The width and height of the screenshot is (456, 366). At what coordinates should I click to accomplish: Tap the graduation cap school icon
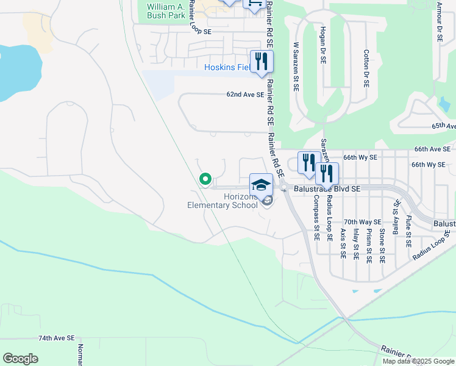[x=261, y=184]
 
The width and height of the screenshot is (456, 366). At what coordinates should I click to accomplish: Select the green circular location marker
[x=205, y=179]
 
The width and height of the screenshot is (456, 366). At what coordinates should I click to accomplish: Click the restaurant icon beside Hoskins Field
[x=262, y=62]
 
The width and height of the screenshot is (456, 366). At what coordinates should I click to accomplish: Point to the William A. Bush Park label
[x=165, y=12]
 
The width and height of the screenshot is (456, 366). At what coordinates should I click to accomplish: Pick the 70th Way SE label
[x=363, y=222]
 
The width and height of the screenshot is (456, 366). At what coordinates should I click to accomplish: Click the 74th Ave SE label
[x=56, y=337]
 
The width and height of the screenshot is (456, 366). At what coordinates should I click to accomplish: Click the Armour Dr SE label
[x=439, y=22]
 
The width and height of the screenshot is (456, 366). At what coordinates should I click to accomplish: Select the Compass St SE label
[x=316, y=218]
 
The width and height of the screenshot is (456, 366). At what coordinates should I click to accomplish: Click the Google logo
[x=21, y=358]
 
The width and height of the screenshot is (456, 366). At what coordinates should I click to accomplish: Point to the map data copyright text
[x=418, y=361]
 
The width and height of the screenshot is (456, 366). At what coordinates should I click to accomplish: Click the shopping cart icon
[x=253, y=4]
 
